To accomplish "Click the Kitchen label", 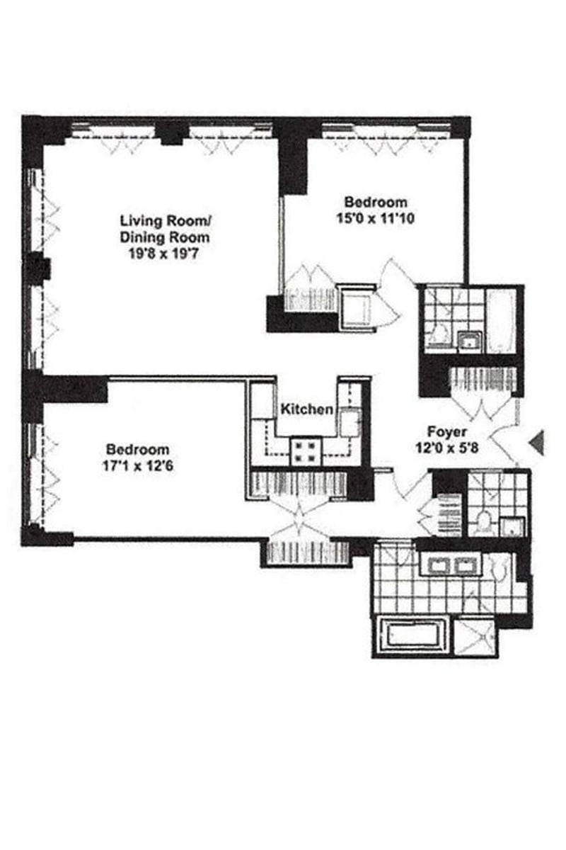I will point(306,409).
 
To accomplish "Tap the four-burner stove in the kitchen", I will point(306,451).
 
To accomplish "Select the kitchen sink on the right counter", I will point(348,423).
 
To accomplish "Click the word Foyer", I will point(446,431).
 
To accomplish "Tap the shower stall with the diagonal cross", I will point(475,637).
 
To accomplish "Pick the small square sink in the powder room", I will point(512,526).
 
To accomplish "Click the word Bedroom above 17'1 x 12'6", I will point(137,450).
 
